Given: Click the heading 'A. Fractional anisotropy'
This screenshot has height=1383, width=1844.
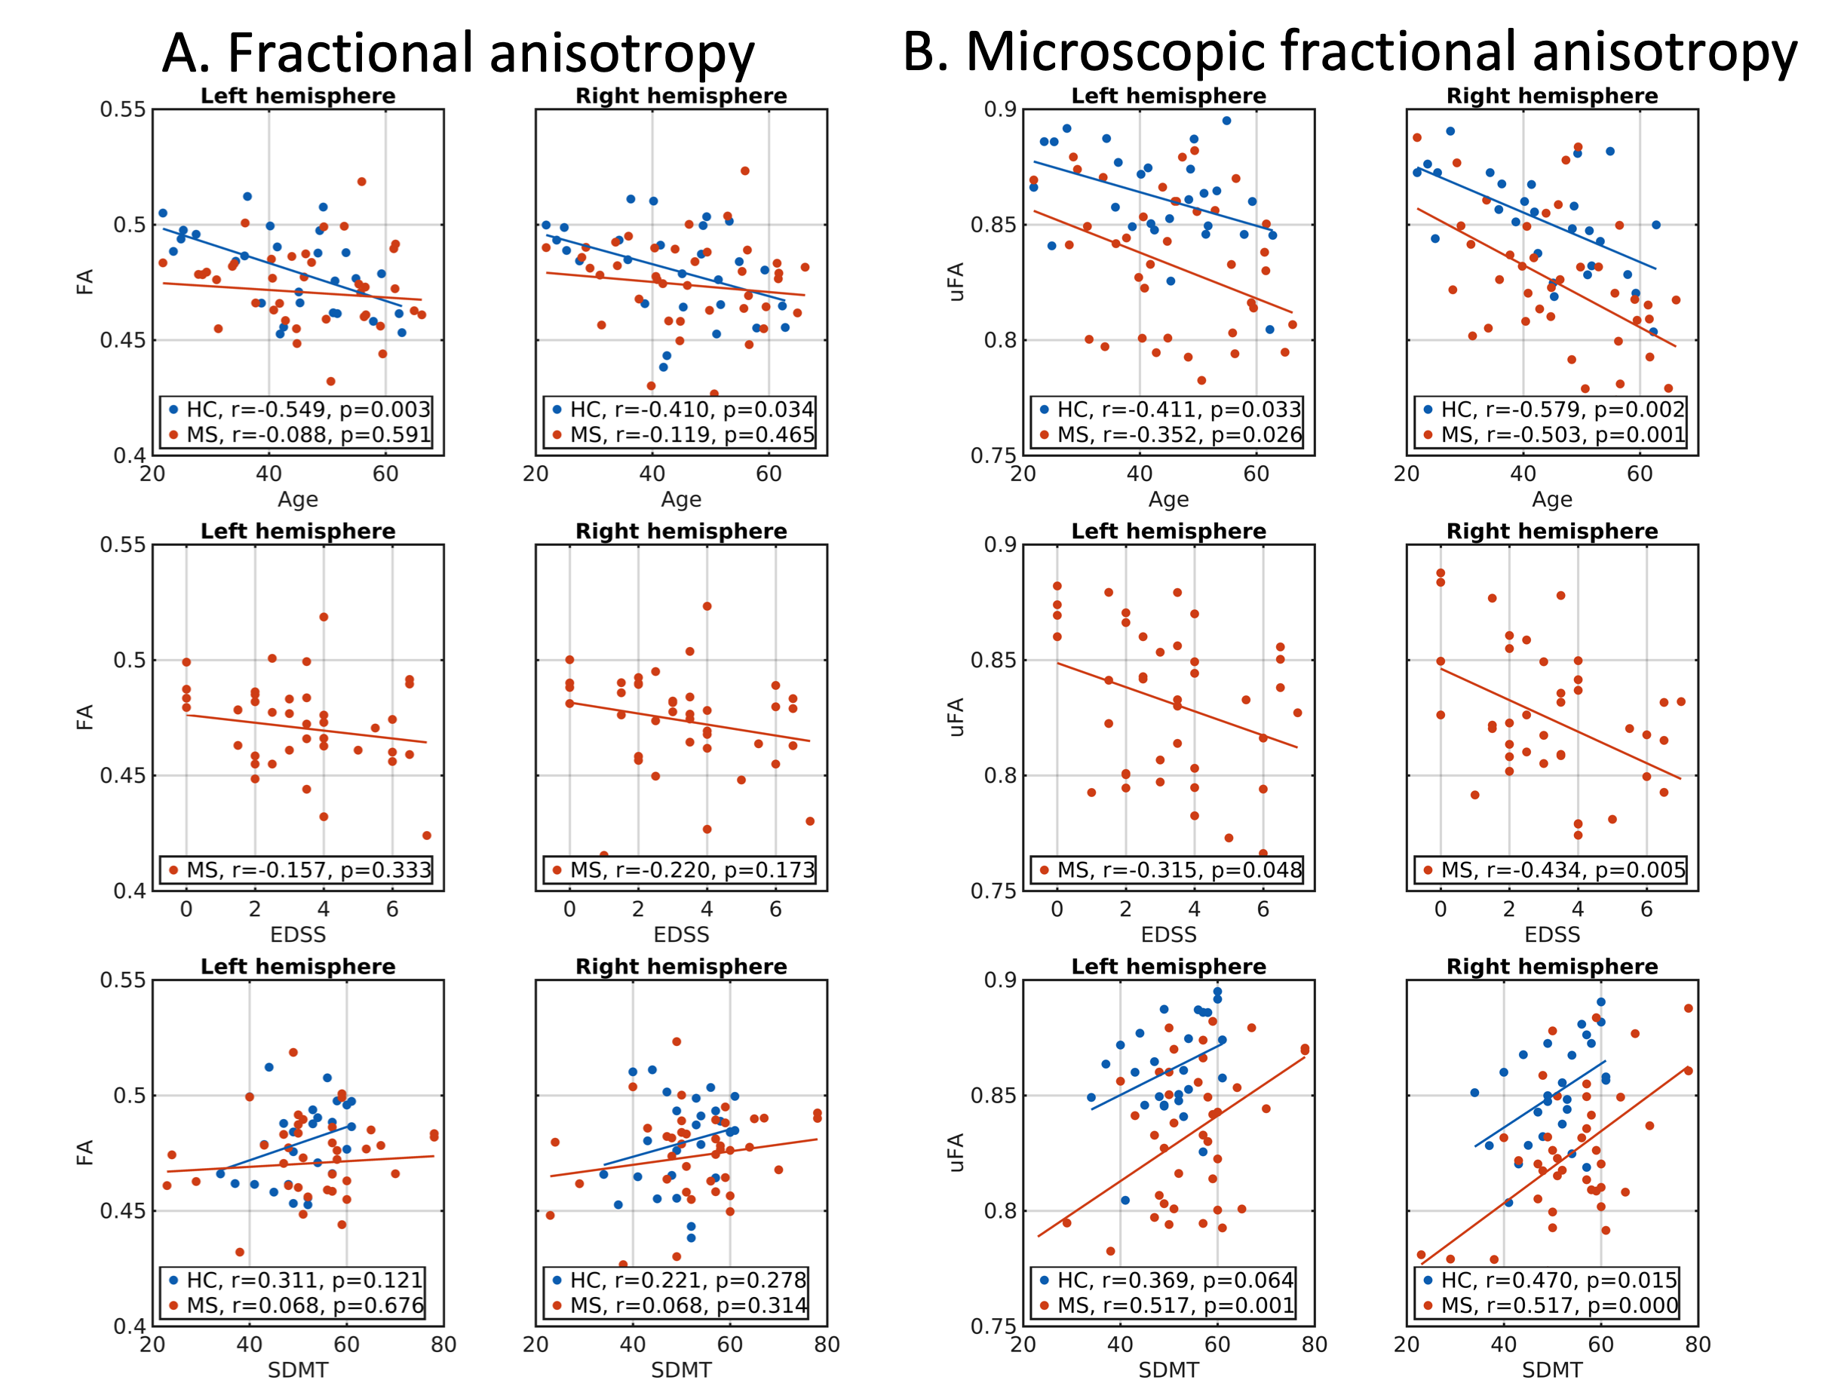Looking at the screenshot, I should tap(458, 54).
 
